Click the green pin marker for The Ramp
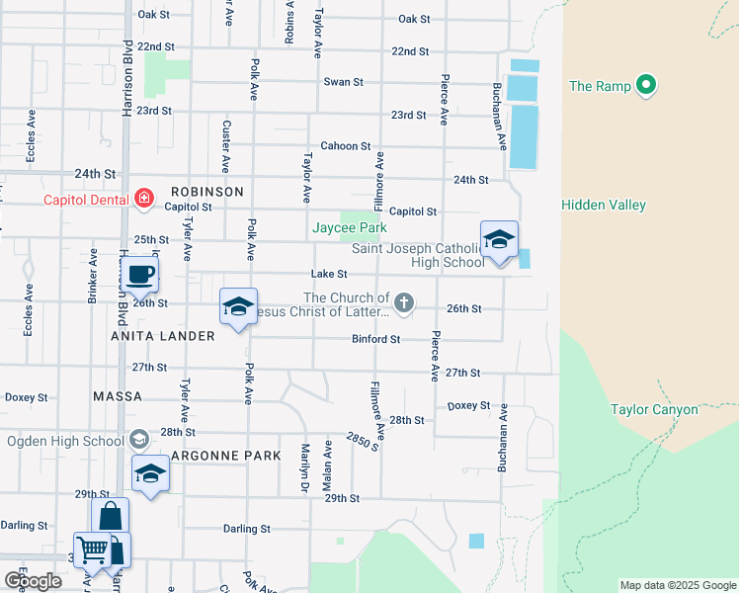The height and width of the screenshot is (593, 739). coord(647,85)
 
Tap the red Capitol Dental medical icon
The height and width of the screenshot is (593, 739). coord(144,199)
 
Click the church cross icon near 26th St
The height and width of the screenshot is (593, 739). coord(403,302)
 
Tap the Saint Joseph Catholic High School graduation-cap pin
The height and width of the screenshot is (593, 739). coord(499,240)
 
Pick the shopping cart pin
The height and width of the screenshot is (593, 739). coord(92,549)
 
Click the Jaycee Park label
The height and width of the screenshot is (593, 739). coord(349,227)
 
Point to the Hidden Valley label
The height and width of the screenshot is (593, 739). coord(603,205)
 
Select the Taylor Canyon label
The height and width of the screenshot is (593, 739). coord(653,409)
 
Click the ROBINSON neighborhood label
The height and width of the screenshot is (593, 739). coord(206,191)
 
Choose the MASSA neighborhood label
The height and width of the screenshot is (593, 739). coord(118,396)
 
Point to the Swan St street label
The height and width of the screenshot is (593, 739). coord(344,82)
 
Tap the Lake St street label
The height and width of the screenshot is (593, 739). coord(329,274)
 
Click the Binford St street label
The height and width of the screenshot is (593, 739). coord(375,339)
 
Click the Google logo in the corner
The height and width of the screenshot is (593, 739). coord(33,581)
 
